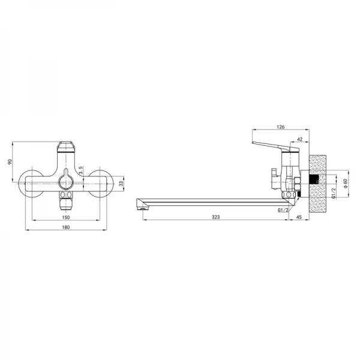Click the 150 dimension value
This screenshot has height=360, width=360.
tap(65, 217)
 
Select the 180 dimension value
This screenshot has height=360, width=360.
tap(65, 227)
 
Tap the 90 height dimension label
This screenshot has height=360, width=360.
tap(10, 162)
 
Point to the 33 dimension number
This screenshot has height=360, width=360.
tap(121, 183)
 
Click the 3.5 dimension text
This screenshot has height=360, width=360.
tap(80, 171)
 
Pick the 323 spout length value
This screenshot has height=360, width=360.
tap(215, 217)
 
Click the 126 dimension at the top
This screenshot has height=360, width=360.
tap(281, 127)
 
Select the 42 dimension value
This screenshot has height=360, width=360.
tap(300, 139)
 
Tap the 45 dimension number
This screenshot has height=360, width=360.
tap(299, 217)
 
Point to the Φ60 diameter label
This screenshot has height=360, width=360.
tap(346, 183)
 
